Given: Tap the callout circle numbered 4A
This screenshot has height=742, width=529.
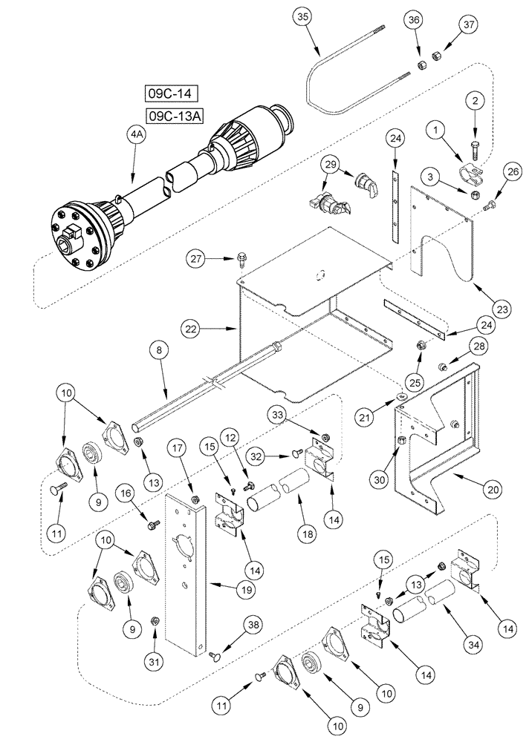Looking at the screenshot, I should [135, 135].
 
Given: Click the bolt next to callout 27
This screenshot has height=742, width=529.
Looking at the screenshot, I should [241, 257].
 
